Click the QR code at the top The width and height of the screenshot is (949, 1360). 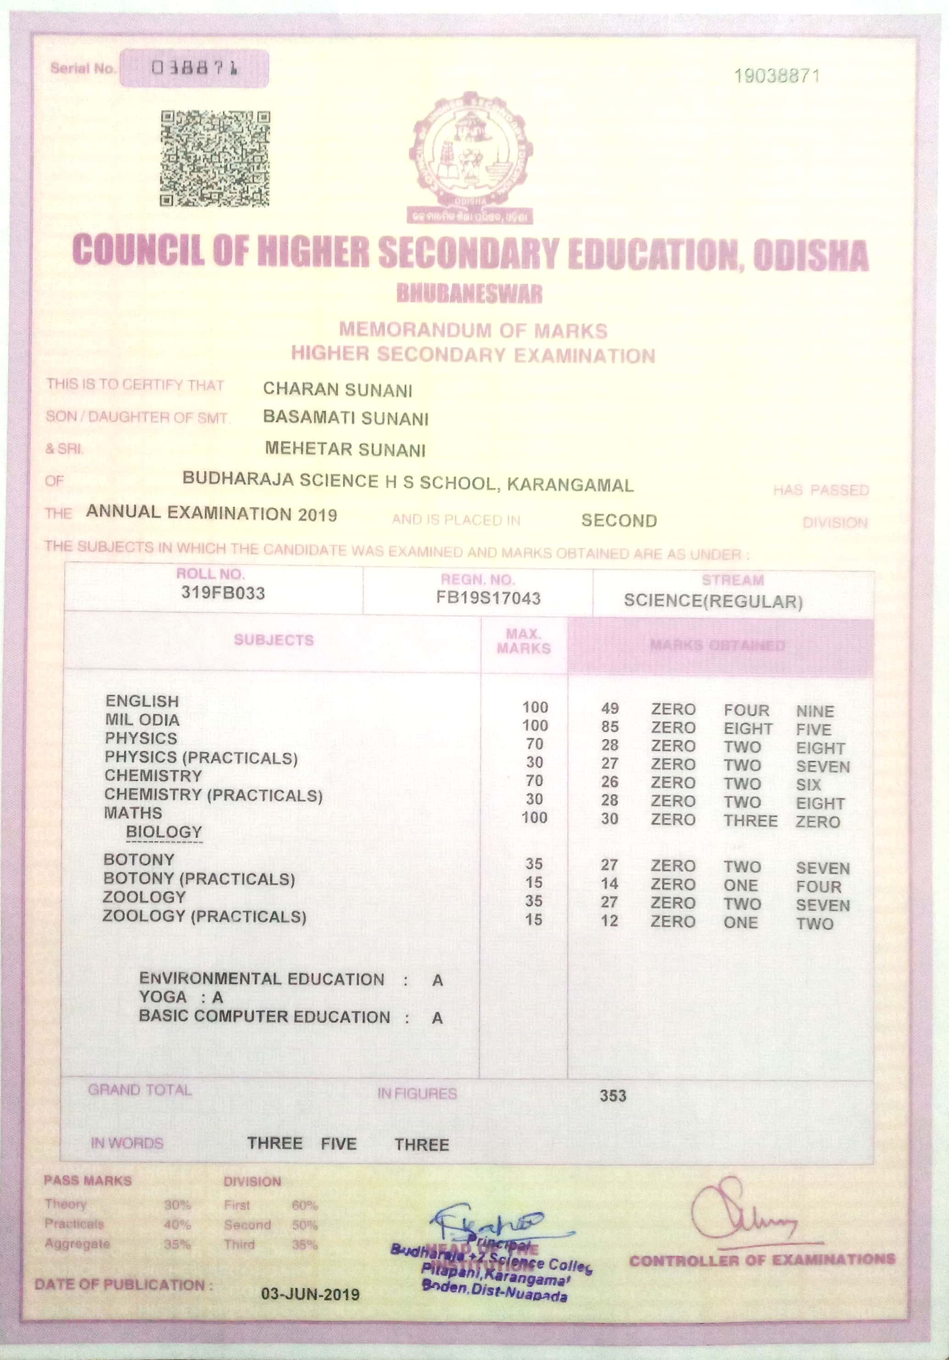[215, 159]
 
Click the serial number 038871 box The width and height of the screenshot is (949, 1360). [194, 69]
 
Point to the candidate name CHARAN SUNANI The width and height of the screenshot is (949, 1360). [338, 390]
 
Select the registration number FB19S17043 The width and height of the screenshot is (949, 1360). [488, 598]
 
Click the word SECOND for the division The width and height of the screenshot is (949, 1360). [619, 521]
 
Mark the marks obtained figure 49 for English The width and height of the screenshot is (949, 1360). [609, 708]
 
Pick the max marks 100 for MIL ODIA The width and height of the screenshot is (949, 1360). [535, 725]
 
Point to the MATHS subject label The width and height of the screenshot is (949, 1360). [133, 813]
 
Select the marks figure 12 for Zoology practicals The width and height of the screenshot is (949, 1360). [609, 921]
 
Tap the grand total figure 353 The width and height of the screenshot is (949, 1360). [613, 1095]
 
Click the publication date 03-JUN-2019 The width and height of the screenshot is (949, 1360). [310, 1294]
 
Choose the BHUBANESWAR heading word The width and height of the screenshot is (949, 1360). [469, 293]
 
